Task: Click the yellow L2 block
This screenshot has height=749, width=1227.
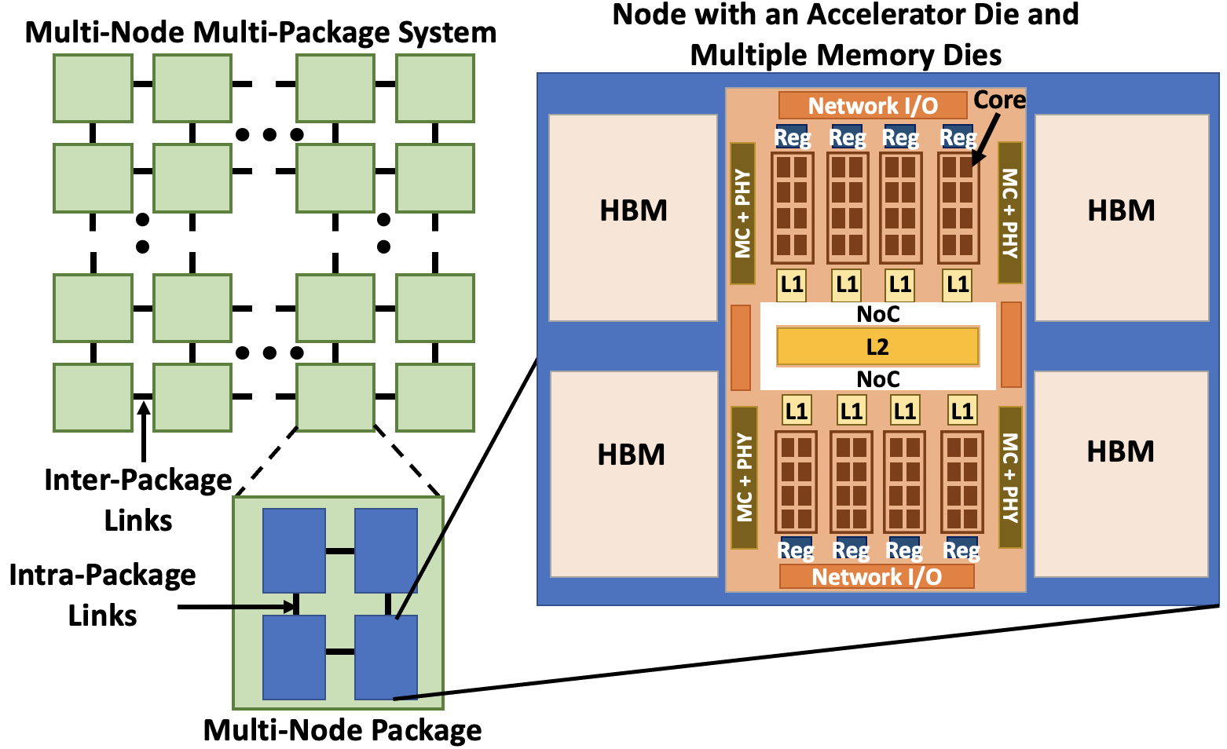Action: pos(877,347)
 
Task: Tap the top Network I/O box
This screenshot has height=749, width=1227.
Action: pos(873,106)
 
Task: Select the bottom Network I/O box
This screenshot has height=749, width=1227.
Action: pos(877,577)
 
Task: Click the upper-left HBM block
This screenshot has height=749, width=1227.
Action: pos(633,217)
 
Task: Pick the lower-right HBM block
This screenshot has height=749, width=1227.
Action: pos(1121,473)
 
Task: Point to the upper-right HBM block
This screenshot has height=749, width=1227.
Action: pos(1121,217)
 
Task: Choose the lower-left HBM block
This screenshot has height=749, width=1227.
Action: pos(633,473)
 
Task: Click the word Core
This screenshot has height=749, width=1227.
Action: pos(999,100)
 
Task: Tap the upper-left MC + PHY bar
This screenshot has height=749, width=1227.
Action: pos(742,213)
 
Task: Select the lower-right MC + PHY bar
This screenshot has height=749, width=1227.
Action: pos(1010,477)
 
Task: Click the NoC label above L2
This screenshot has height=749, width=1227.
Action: pos(877,315)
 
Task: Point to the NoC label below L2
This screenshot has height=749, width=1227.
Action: pos(877,380)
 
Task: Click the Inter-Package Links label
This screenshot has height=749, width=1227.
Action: pos(138,500)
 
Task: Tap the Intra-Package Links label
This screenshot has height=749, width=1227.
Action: pos(102,595)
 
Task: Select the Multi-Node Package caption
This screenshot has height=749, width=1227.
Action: pos(342,730)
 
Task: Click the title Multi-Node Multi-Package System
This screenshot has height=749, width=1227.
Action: pos(261,33)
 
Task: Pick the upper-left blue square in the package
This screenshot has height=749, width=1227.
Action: pos(294,550)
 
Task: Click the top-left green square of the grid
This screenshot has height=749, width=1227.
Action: pos(93,88)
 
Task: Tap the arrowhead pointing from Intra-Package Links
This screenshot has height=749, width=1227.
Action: pos(291,607)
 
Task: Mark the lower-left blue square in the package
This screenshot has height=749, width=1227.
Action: pos(294,657)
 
